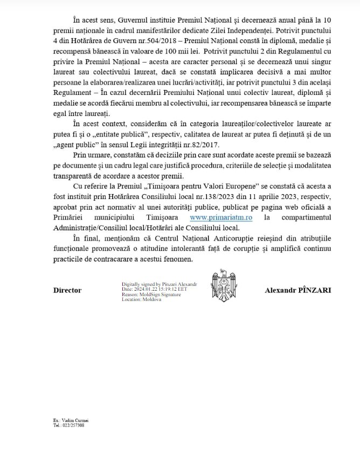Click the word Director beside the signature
point(67,290)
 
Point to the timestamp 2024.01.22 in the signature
point(143,289)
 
